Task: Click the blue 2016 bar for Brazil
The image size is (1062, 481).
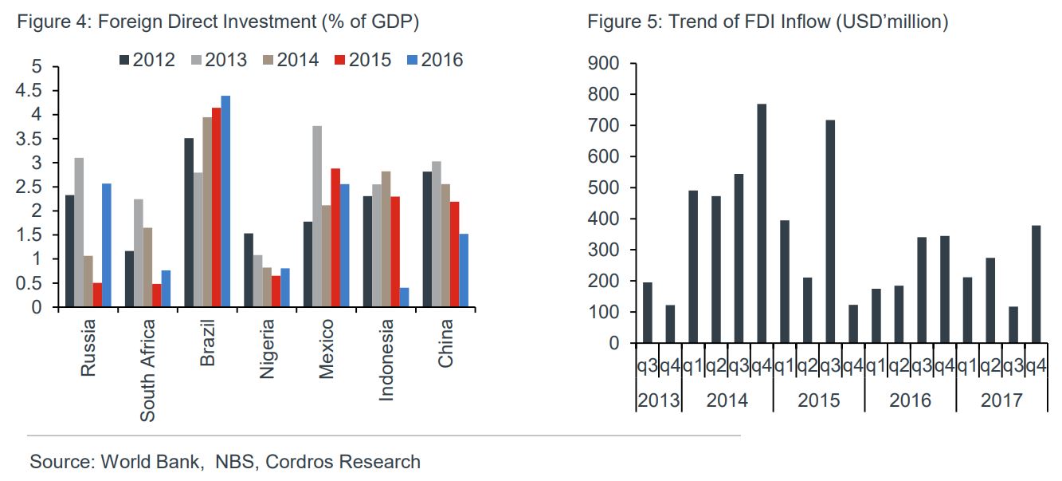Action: (x=225, y=201)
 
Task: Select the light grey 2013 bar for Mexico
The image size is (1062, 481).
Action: (x=317, y=216)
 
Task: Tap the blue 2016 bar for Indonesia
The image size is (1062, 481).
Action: (x=404, y=298)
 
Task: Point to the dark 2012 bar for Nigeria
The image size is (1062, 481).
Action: (x=249, y=270)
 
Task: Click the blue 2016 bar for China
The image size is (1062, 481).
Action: (x=464, y=270)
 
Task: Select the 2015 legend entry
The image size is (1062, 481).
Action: (x=362, y=60)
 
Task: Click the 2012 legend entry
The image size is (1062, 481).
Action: (x=147, y=60)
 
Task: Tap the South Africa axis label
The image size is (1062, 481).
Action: (x=148, y=370)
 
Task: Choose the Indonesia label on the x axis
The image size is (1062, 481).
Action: (x=386, y=360)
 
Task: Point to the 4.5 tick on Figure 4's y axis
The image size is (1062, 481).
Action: (x=29, y=90)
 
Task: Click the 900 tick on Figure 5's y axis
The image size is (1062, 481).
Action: (x=604, y=63)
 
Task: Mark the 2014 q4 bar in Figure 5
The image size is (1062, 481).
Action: (x=762, y=223)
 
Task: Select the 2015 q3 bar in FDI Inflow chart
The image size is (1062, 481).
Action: (x=830, y=231)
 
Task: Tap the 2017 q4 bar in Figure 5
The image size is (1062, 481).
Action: (x=1036, y=284)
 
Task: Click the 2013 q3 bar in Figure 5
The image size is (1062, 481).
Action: (x=647, y=313)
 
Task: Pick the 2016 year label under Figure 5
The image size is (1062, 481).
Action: (x=910, y=400)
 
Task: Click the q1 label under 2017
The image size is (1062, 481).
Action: (x=967, y=365)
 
